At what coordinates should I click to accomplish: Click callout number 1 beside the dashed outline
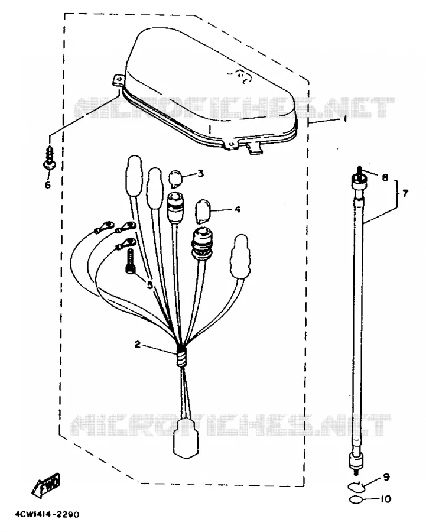pyautogui.click(x=345, y=119)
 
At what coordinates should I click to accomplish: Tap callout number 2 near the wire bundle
pyautogui.click(x=137, y=345)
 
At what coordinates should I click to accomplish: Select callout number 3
pyautogui.click(x=200, y=173)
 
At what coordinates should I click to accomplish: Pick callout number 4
pyautogui.click(x=238, y=209)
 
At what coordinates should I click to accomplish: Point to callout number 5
pyautogui.click(x=149, y=285)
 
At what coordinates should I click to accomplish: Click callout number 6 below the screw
pyautogui.click(x=47, y=184)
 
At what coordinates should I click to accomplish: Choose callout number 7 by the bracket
pyautogui.click(x=405, y=193)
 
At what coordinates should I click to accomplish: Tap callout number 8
pyautogui.click(x=385, y=177)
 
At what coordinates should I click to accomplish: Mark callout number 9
pyautogui.click(x=386, y=476)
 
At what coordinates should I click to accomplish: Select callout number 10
pyautogui.click(x=386, y=499)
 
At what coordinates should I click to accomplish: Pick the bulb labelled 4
pyautogui.click(x=203, y=211)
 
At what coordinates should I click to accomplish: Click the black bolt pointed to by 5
pyautogui.click(x=130, y=261)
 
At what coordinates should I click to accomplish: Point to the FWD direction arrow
pyautogui.click(x=45, y=485)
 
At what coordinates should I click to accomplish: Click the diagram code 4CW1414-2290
pyautogui.click(x=47, y=514)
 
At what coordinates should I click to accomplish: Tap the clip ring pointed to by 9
pyautogui.click(x=356, y=487)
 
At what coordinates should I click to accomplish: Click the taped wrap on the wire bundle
pyautogui.click(x=182, y=356)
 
